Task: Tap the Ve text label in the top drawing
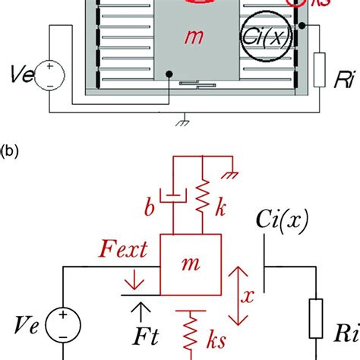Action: [21, 74]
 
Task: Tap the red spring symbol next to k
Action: [203, 199]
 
